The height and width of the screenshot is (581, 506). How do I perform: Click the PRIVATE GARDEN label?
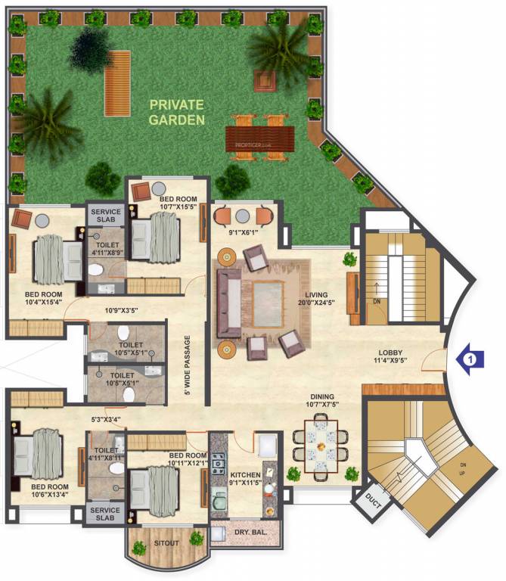pos(177,111)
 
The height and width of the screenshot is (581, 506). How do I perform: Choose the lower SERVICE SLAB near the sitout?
pos(104,514)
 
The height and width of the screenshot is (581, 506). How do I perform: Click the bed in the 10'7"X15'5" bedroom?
pos(157,235)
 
